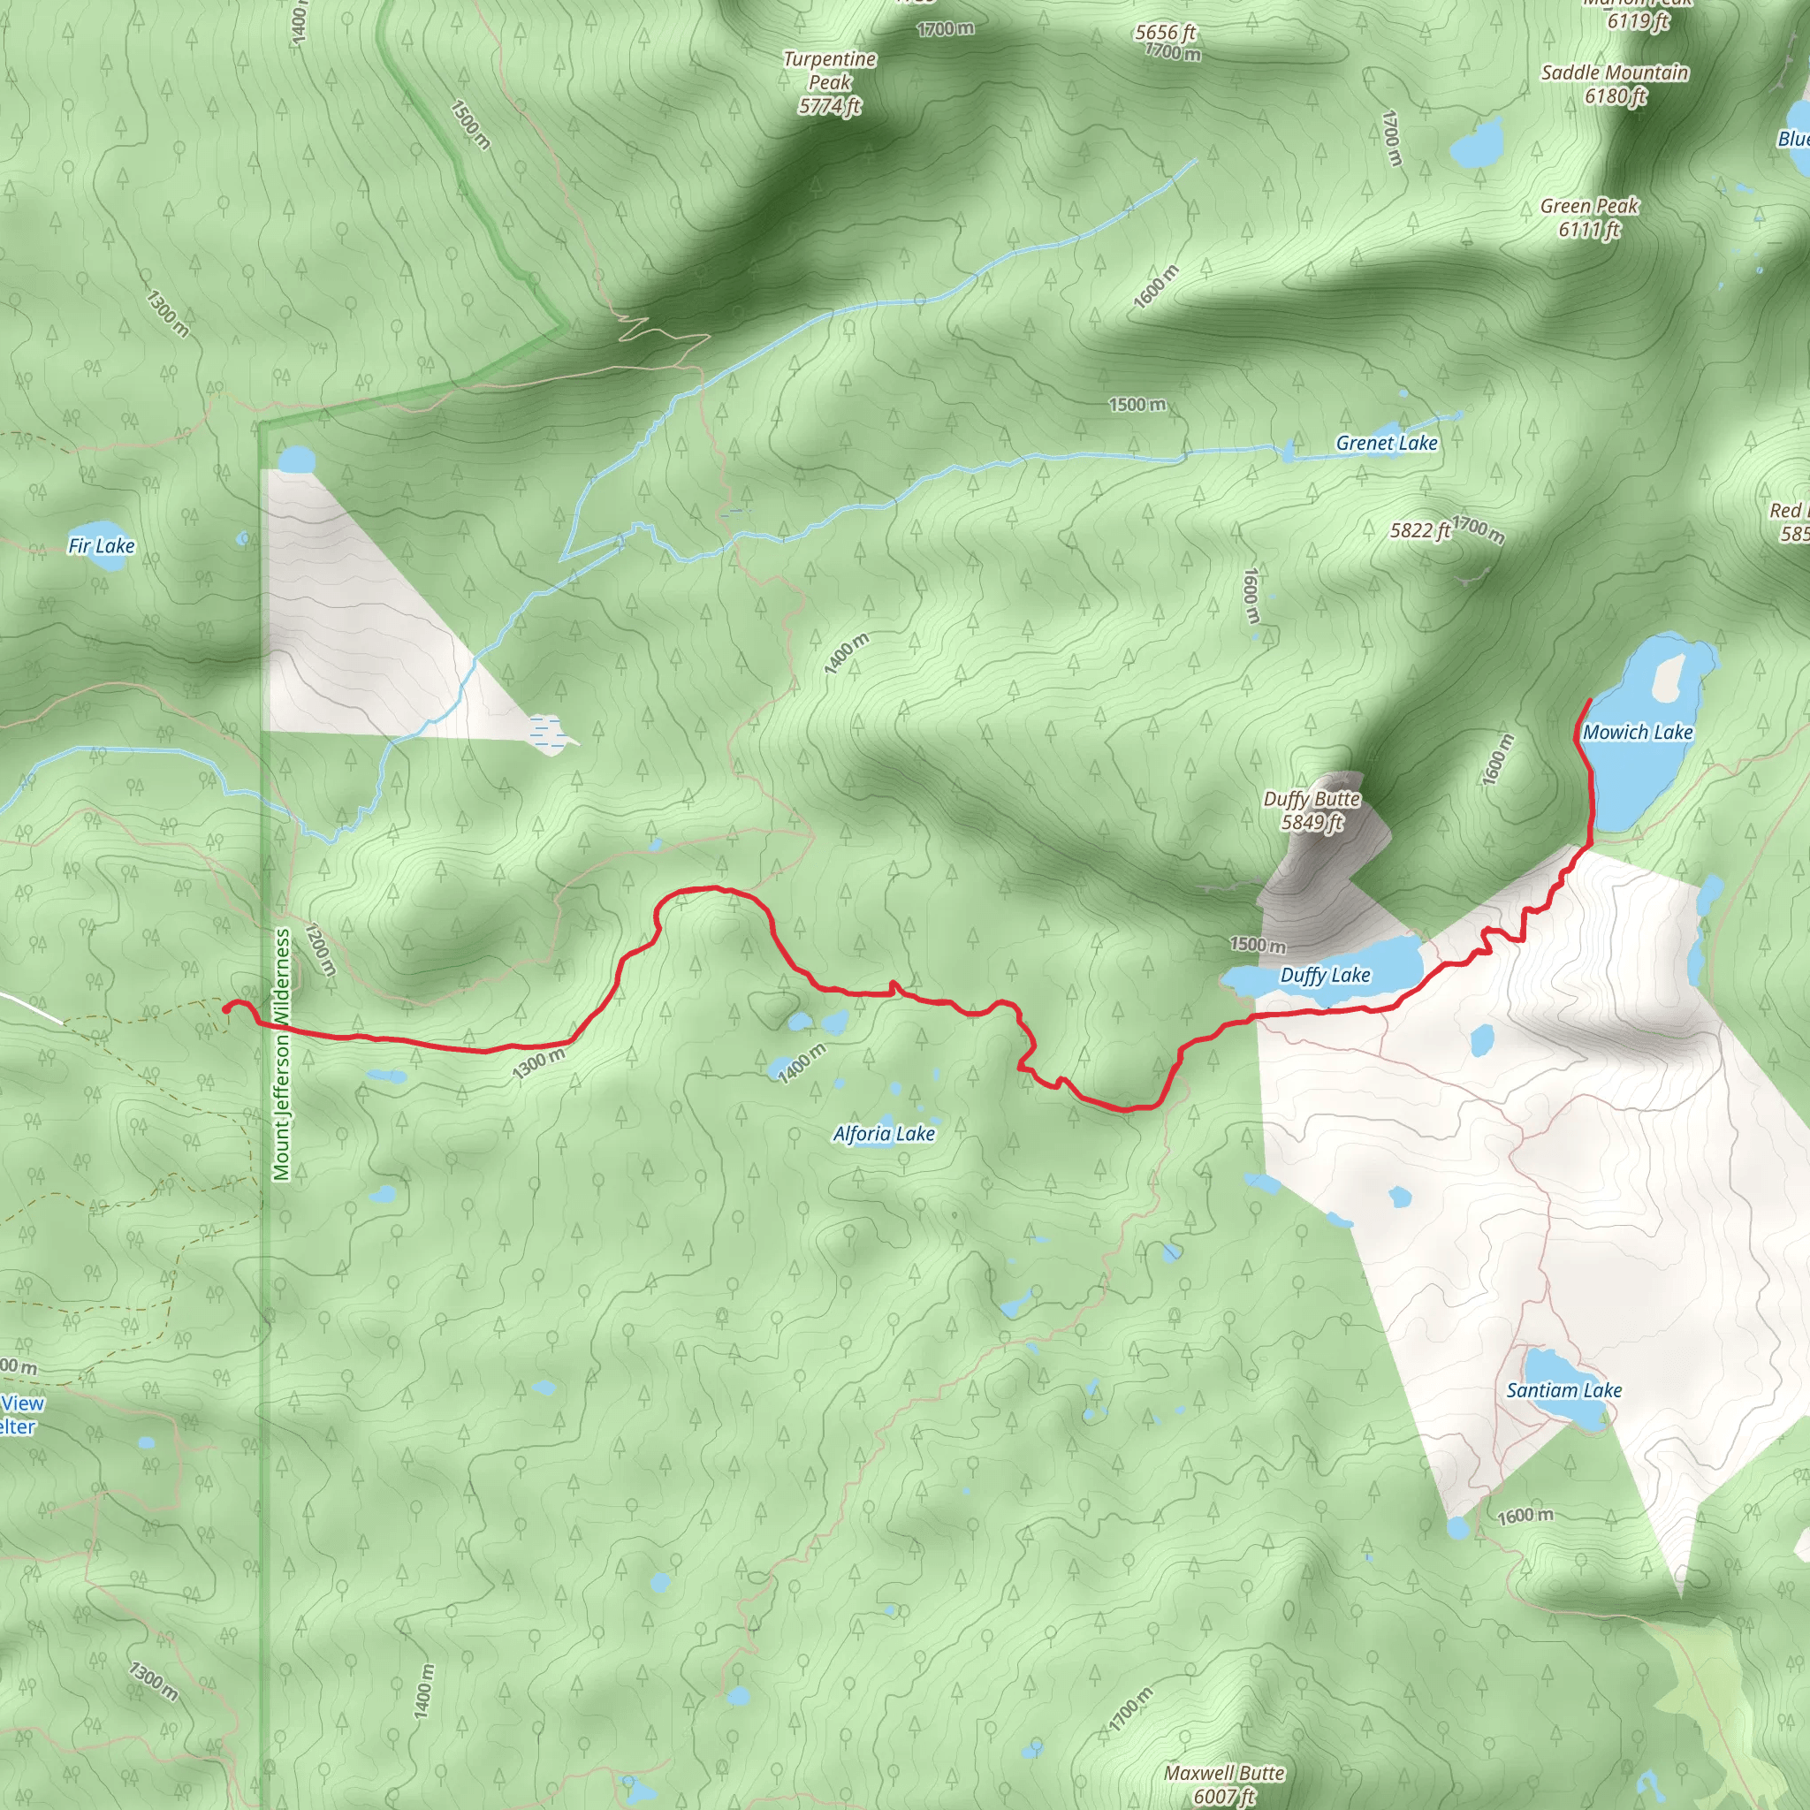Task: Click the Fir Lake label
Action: pyautogui.click(x=101, y=545)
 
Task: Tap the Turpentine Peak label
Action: pyautogui.click(x=829, y=72)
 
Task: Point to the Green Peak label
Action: pyautogui.click(x=1589, y=206)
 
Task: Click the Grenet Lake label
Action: pyautogui.click(x=1386, y=443)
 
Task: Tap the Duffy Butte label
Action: pyautogui.click(x=1311, y=799)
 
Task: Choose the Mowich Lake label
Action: pyautogui.click(x=1637, y=733)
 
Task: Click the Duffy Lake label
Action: pyautogui.click(x=1325, y=976)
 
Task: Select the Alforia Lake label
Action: pyautogui.click(x=884, y=1134)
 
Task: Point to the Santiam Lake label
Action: pyautogui.click(x=1563, y=1390)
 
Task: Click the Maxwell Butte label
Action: pyautogui.click(x=1223, y=1773)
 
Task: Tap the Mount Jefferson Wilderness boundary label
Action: pyautogui.click(x=282, y=1055)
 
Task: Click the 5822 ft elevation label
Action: pyautogui.click(x=1419, y=531)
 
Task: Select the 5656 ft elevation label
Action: pyautogui.click(x=1165, y=33)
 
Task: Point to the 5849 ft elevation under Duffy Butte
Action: pyautogui.click(x=1312, y=823)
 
